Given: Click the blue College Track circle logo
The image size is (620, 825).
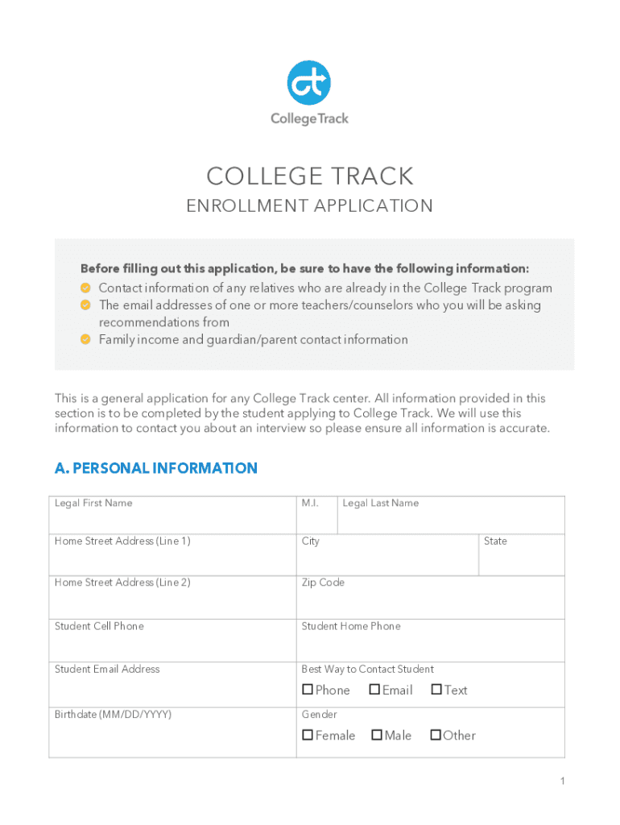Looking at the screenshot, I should tap(309, 82).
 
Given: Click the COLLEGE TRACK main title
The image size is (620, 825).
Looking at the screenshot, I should tap(310, 176).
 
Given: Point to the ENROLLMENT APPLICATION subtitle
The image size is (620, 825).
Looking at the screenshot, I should tap(310, 206).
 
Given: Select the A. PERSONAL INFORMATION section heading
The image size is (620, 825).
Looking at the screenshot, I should tap(156, 468).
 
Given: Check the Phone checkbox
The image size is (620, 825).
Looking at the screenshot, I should tap(308, 690).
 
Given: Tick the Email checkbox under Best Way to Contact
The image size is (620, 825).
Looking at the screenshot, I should tap(374, 690).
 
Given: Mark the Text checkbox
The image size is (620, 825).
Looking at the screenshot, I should tap(436, 690).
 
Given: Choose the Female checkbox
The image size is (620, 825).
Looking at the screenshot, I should tap(308, 735).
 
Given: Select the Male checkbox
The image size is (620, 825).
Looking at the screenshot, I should tap(377, 735).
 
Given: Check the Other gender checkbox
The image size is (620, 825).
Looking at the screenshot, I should tap(436, 735).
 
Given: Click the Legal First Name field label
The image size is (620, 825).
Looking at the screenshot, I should tap(93, 504).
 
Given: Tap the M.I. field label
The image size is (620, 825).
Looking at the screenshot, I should tap(310, 504).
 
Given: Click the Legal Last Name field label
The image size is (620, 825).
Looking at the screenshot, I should tap(381, 504).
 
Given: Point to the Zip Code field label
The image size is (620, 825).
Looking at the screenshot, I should tap(323, 582).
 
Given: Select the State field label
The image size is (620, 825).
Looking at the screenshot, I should tap(495, 541).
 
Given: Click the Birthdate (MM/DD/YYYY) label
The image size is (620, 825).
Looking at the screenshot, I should tap(113, 715).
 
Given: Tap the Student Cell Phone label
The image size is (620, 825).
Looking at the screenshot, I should tap(99, 626).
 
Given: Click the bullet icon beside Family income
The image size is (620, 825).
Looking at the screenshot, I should tap(85, 339).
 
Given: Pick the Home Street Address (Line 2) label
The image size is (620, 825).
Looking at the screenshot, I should tap(122, 582).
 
